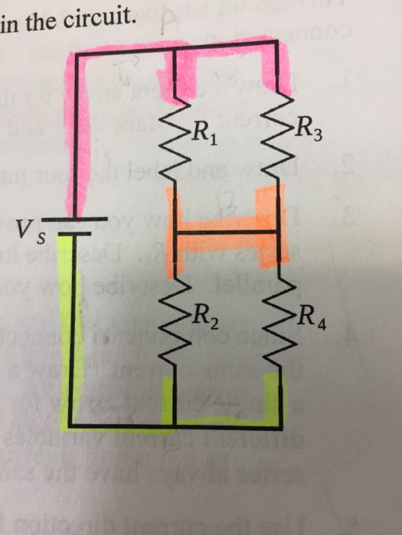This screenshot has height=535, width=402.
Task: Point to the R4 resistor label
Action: (x=313, y=315)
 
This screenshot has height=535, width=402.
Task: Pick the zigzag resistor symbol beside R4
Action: (x=277, y=313)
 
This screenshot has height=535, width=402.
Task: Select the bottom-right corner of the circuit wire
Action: (x=277, y=422)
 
